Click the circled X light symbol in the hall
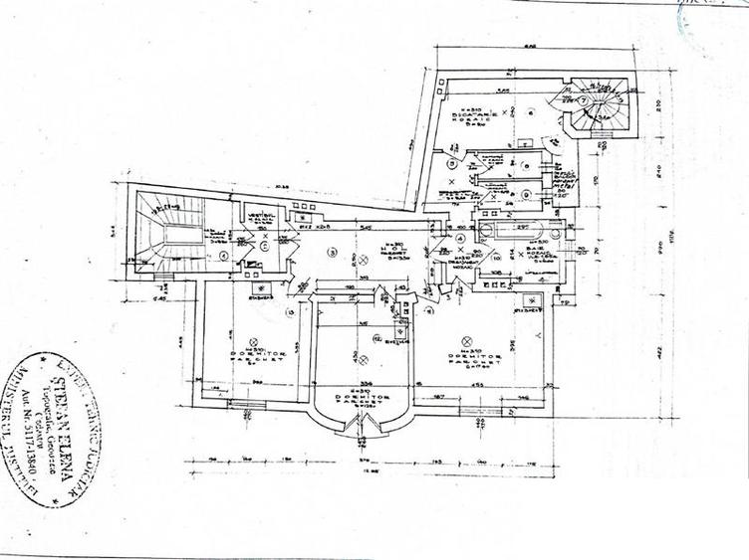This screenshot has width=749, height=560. tap(365, 261)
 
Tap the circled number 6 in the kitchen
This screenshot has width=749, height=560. tap(532, 112)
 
